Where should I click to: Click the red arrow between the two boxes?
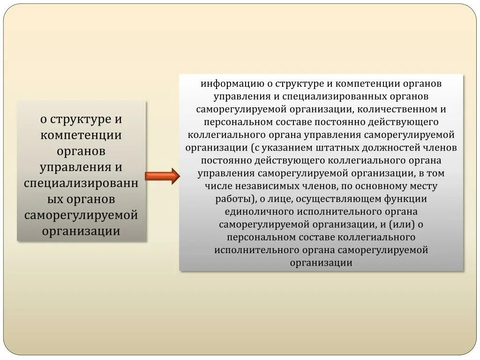click(162, 176)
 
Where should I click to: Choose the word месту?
click(423, 186)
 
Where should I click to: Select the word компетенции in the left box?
click(81, 135)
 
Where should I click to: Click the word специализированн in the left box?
click(81, 183)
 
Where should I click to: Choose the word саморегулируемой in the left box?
click(81, 215)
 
